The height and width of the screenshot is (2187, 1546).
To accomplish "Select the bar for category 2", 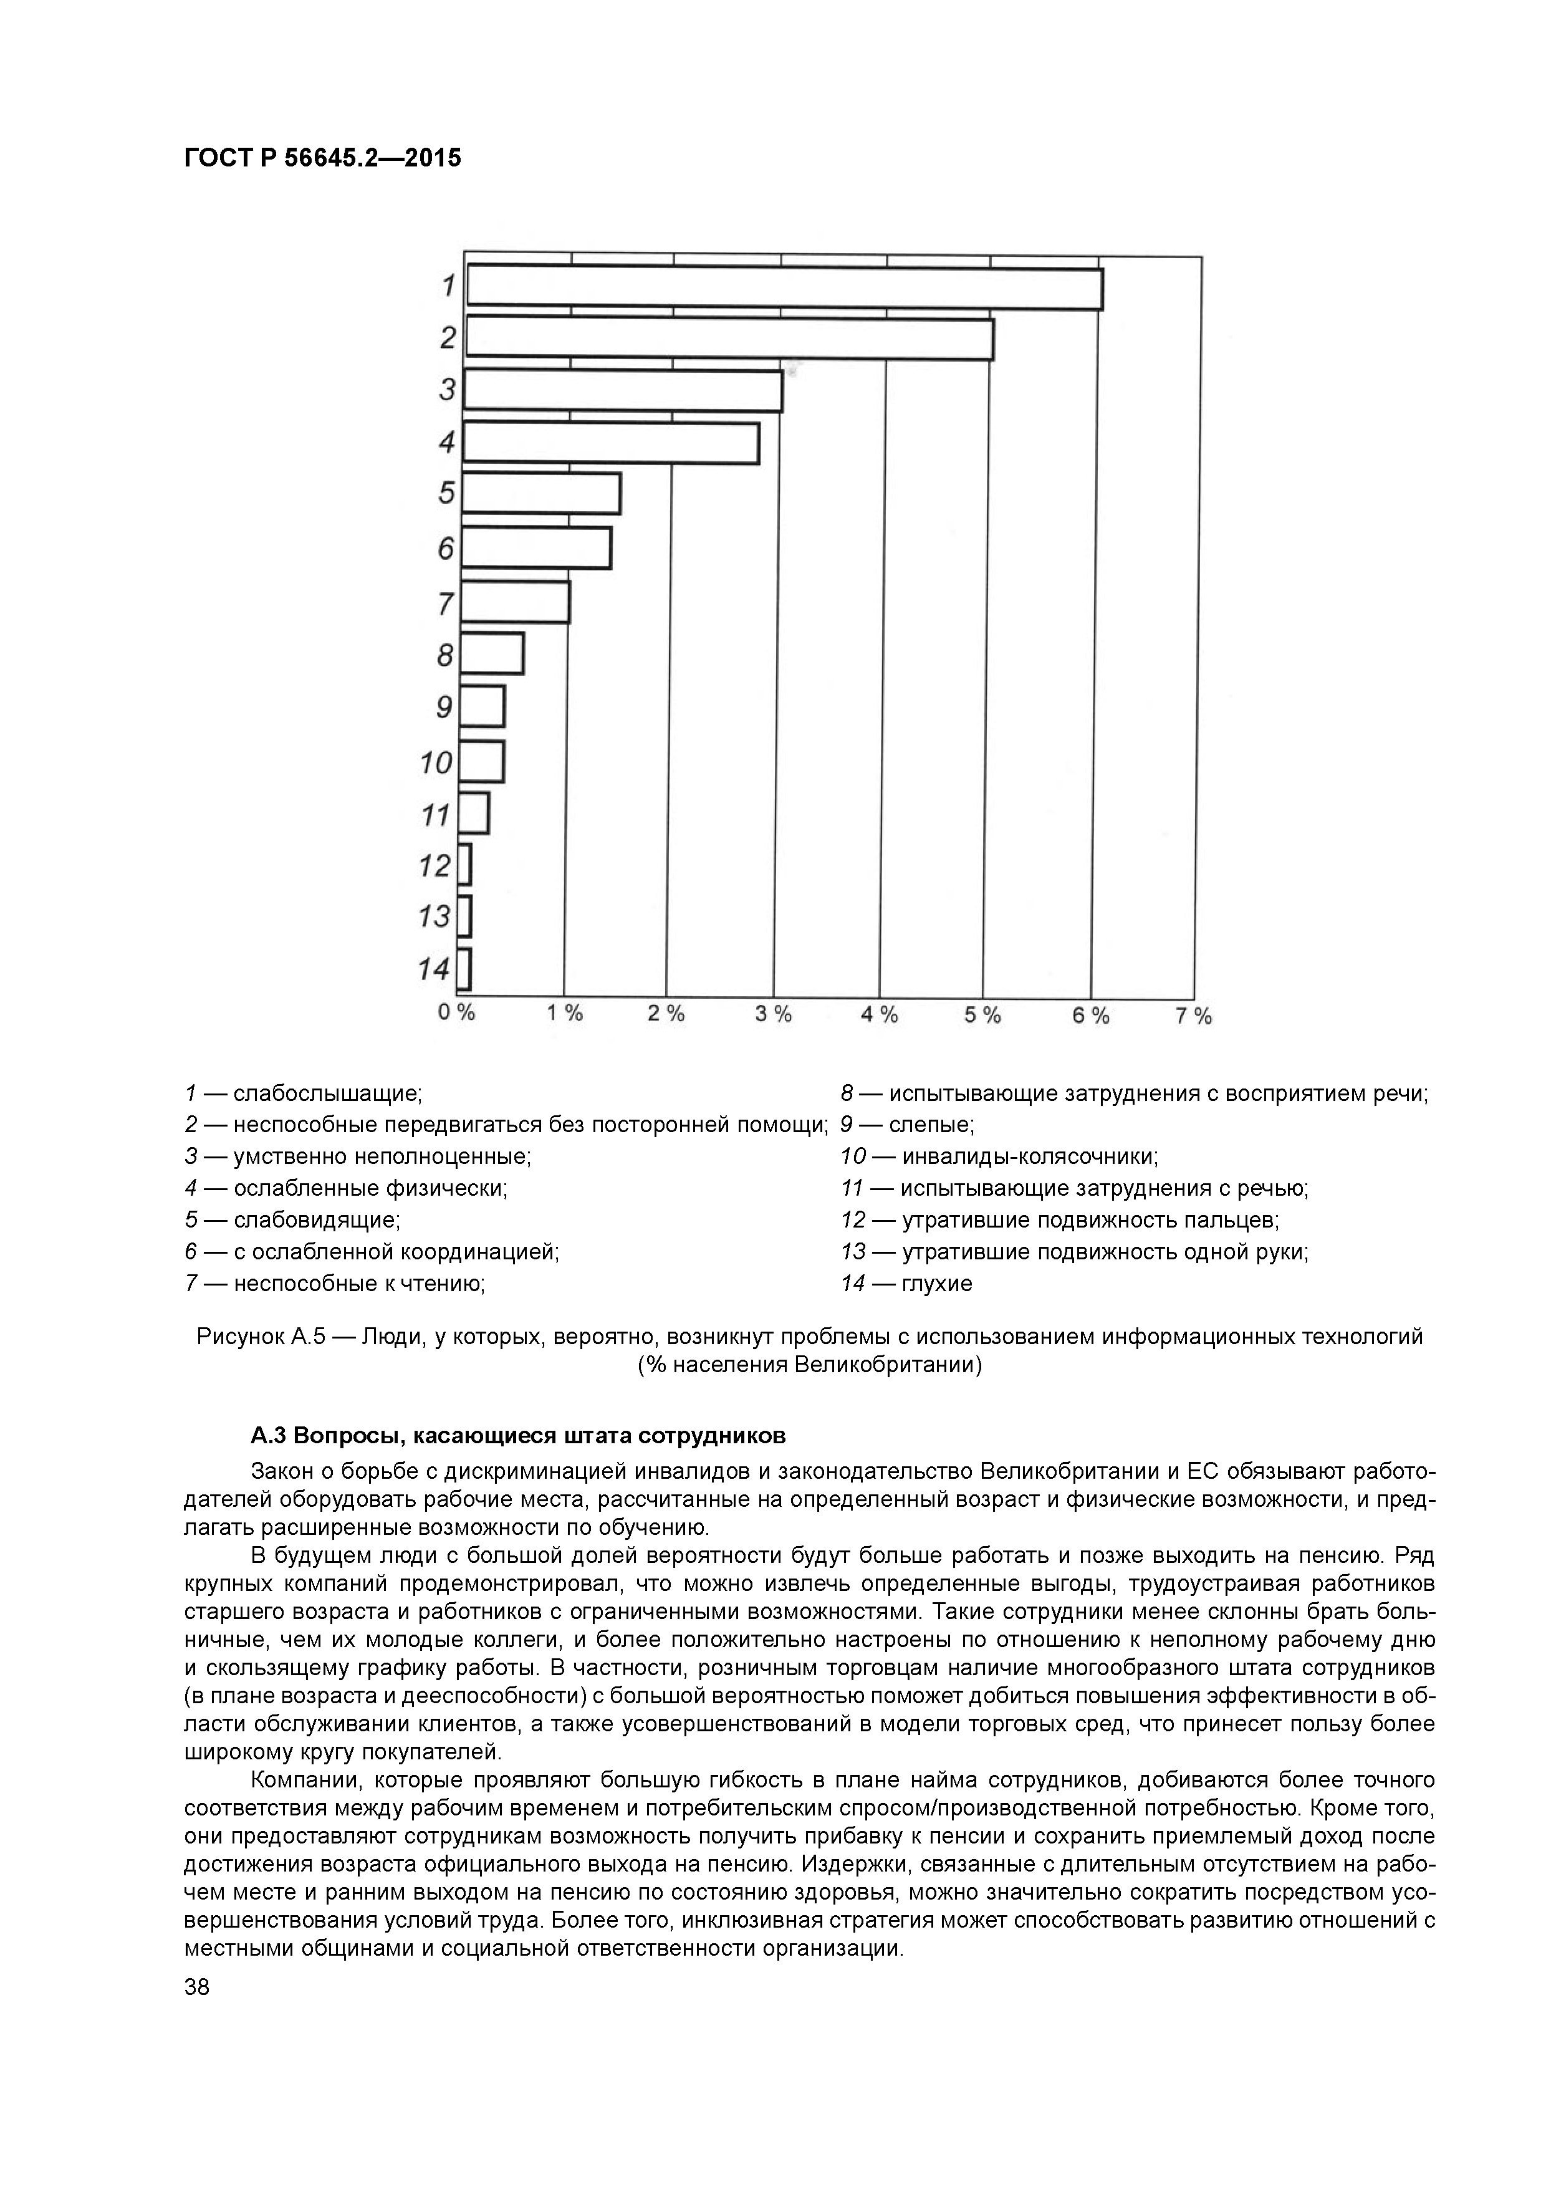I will point(729,339).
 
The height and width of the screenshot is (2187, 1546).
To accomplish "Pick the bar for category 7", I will point(516,602).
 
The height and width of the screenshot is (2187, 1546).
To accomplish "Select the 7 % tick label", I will point(1193,1016).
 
